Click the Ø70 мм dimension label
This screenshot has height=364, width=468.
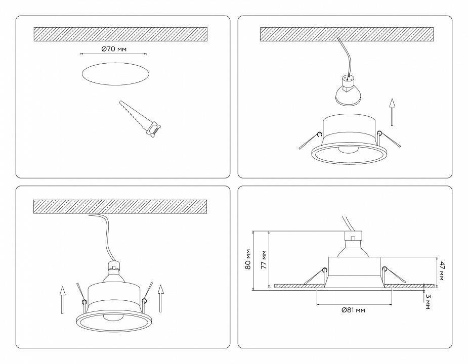(x=114, y=49)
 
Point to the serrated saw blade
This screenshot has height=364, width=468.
(x=133, y=114)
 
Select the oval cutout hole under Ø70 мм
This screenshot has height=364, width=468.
(x=116, y=74)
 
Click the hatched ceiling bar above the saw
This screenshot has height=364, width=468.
(x=120, y=34)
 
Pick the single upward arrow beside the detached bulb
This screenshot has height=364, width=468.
(x=392, y=112)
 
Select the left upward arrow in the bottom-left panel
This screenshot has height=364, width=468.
(x=62, y=299)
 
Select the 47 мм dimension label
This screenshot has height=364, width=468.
(x=442, y=271)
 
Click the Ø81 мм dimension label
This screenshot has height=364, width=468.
(x=353, y=310)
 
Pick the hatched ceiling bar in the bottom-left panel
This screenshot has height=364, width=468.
(x=120, y=206)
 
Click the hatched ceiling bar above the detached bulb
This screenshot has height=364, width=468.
(x=347, y=34)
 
